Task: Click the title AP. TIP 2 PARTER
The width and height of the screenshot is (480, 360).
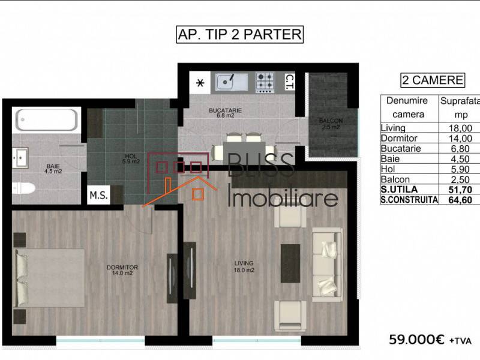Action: click(239, 34)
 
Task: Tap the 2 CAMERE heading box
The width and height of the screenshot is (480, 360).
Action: click(432, 80)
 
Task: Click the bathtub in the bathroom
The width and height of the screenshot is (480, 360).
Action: click(46, 121)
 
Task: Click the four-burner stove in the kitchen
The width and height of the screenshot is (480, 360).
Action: click(265, 82)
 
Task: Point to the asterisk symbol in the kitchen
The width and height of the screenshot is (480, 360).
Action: click(200, 83)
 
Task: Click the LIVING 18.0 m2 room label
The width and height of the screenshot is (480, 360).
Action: click(244, 266)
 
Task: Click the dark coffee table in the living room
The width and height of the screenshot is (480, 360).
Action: click(290, 263)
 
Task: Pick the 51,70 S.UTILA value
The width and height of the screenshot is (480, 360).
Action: click(460, 190)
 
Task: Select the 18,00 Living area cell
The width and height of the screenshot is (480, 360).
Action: click(460, 128)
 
